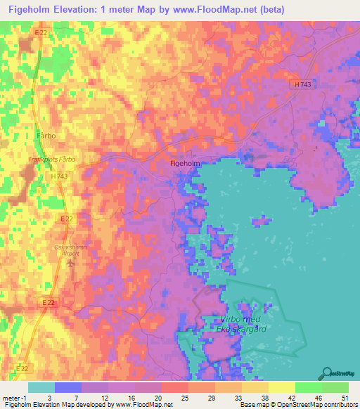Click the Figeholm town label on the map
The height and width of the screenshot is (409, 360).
pos(186,163)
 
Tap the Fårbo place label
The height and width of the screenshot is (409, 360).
pos(46,134)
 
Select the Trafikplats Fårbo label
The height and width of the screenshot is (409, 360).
pos(51,160)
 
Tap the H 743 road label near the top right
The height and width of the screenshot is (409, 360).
pos(303,84)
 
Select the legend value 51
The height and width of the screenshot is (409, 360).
pos(344,397)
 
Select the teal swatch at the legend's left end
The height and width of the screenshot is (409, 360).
pos(41,387)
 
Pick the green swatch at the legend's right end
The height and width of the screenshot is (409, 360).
pos(335,387)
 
